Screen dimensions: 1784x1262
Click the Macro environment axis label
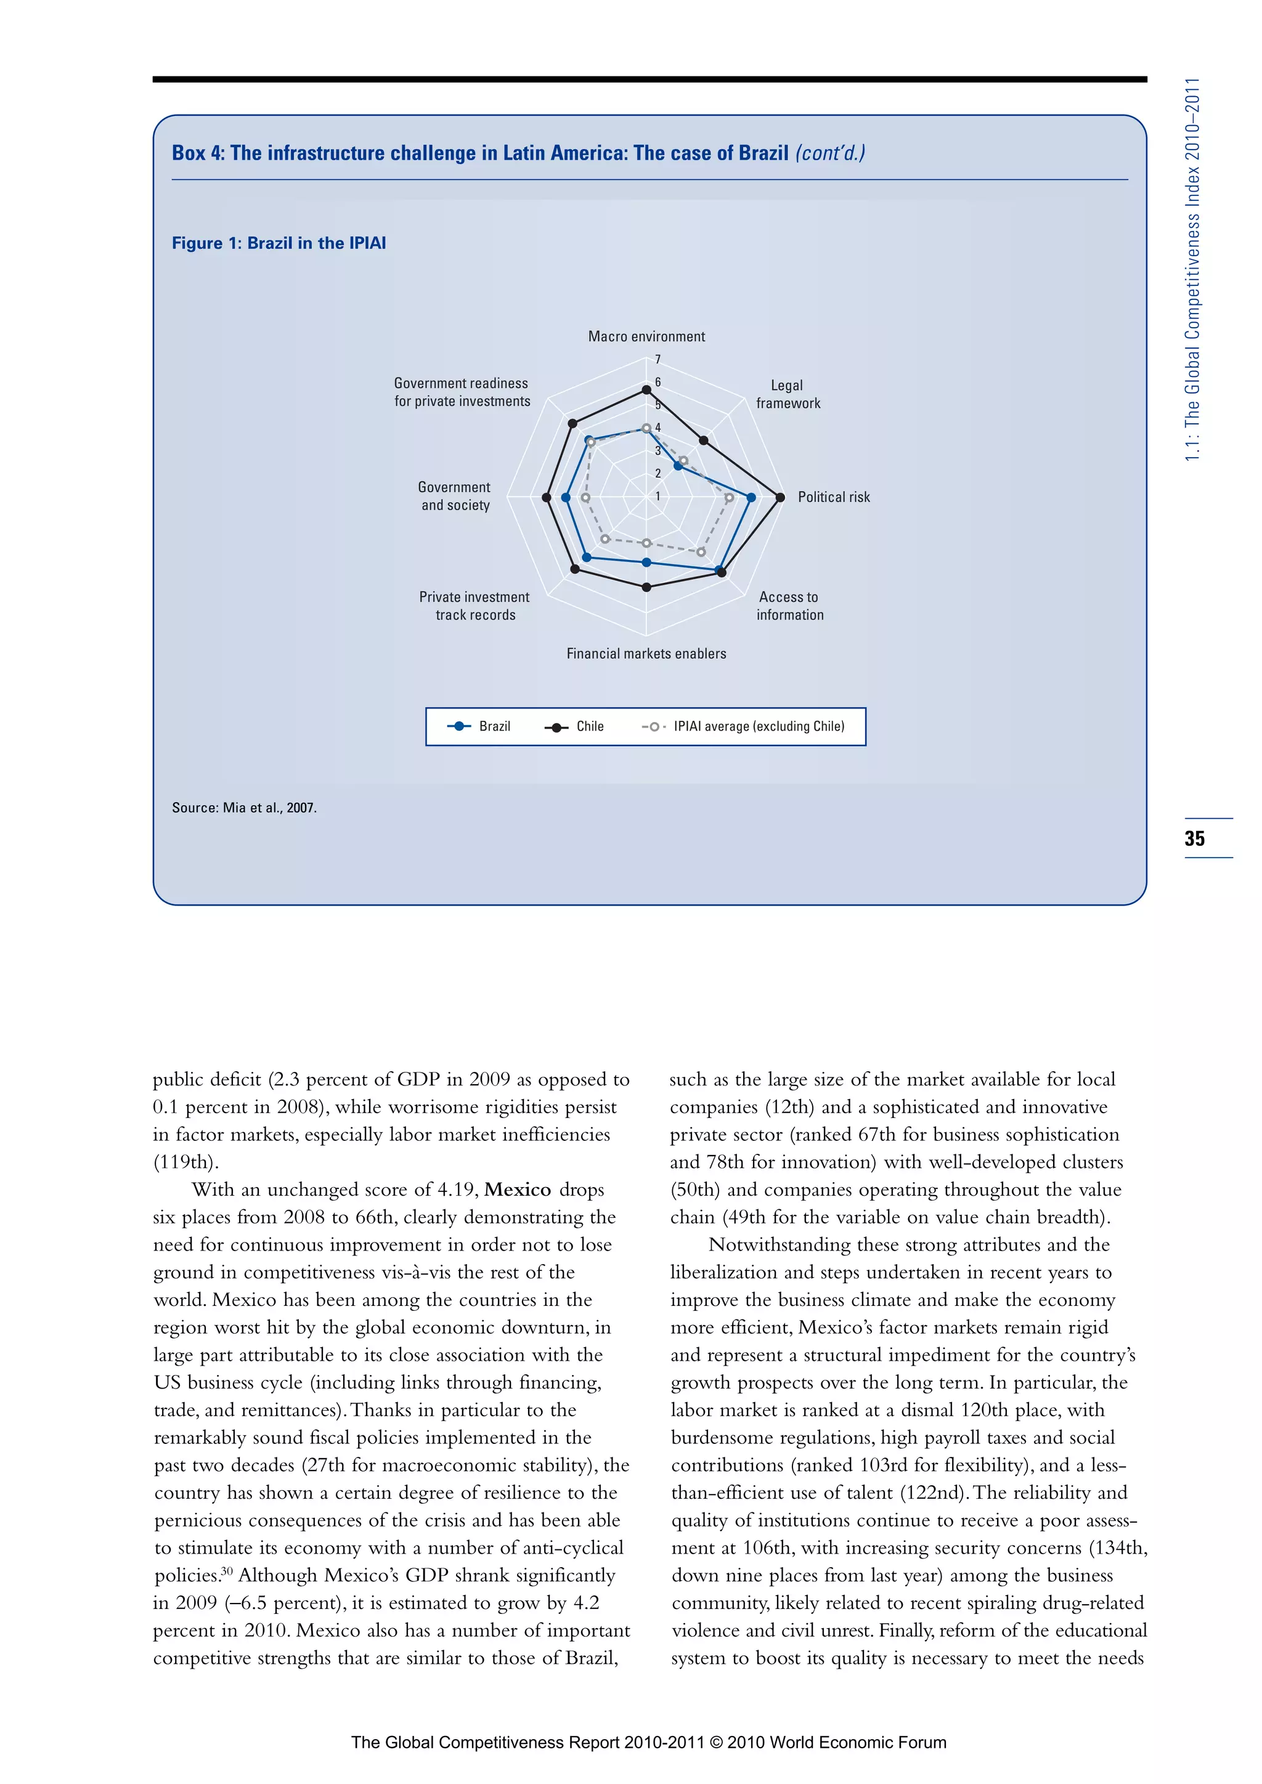click(x=646, y=336)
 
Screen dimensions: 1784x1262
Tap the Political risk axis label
click(x=833, y=497)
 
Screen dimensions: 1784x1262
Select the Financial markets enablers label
click(x=646, y=654)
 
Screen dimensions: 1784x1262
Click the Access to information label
click(x=789, y=606)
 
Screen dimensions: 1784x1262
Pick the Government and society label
click(x=455, y=496)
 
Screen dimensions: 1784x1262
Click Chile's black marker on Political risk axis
click(x=780, y=497)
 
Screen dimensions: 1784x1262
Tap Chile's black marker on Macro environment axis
click(x=646, y=390)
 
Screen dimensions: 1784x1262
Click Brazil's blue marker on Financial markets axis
click(x=646, y=562)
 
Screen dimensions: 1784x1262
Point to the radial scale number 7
click(x=657, y=360)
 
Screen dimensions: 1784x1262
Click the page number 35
click(x=1194, y=838)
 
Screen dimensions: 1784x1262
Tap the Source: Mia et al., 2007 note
click(x=244, y=808)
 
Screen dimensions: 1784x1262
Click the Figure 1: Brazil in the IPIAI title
click(x=279, y=243)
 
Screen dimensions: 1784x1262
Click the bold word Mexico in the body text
click(x=518, y=1190)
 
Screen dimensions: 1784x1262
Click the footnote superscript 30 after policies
click(x=227, y=1571)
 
